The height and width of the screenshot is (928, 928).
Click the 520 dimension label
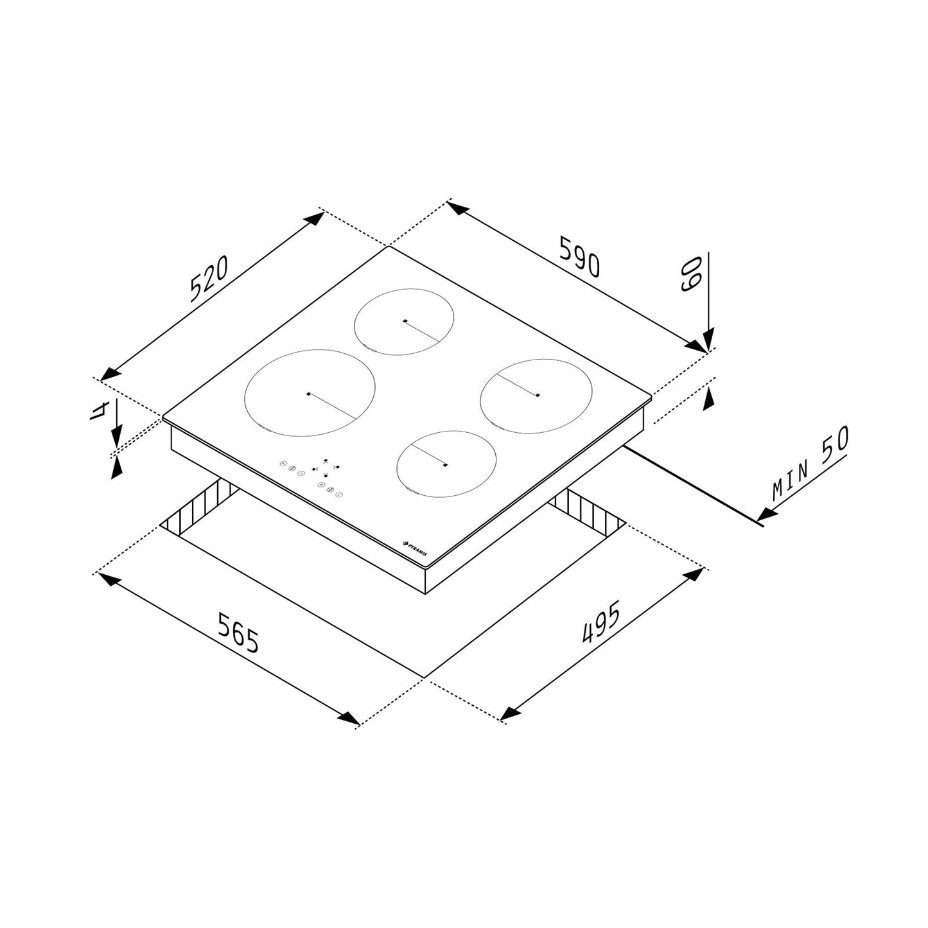tap(209, 279)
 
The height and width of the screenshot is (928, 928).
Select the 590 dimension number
tap(579, 256)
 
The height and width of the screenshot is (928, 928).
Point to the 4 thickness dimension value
tap(98, 408)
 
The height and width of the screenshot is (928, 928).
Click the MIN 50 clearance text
tap(810, 463)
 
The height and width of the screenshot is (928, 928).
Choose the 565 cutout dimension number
tap(238, 633)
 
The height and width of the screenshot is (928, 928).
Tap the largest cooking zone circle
tap(310, 392)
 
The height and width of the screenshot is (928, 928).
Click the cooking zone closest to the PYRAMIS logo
tap(446, 463)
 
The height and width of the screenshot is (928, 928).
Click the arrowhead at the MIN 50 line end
tap(767, 514)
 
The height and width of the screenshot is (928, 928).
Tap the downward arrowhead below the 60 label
tap(708, 341)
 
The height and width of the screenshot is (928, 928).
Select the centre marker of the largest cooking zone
tap(309, 394)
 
